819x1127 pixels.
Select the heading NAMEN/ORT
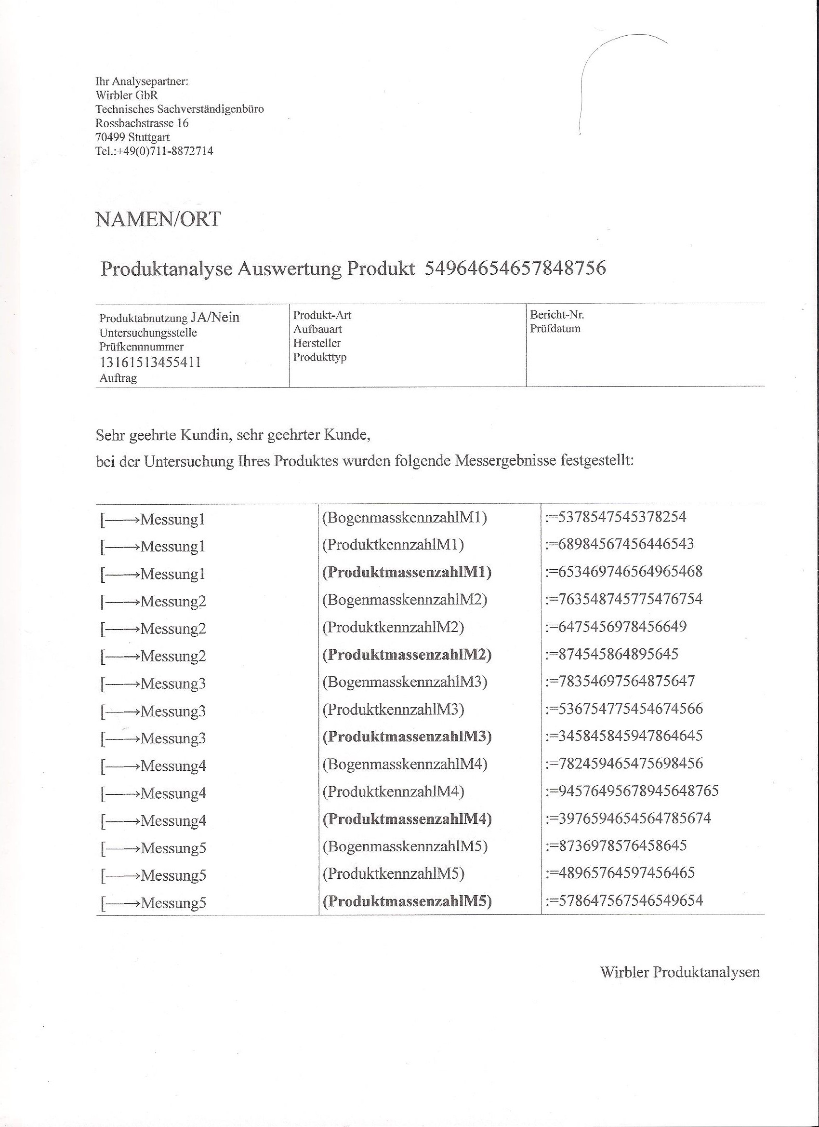158,219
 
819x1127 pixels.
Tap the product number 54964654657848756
515,269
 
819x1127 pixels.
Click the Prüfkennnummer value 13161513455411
150,362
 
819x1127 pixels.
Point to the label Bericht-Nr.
557,315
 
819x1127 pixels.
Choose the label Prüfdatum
555,328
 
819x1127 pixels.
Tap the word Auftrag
118,378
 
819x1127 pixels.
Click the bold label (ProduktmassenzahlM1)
407,573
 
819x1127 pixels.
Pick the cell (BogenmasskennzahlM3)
405,682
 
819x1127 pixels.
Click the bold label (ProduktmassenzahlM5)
407,901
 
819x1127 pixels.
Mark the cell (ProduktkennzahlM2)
393,627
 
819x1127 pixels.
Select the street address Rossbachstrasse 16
142,123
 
